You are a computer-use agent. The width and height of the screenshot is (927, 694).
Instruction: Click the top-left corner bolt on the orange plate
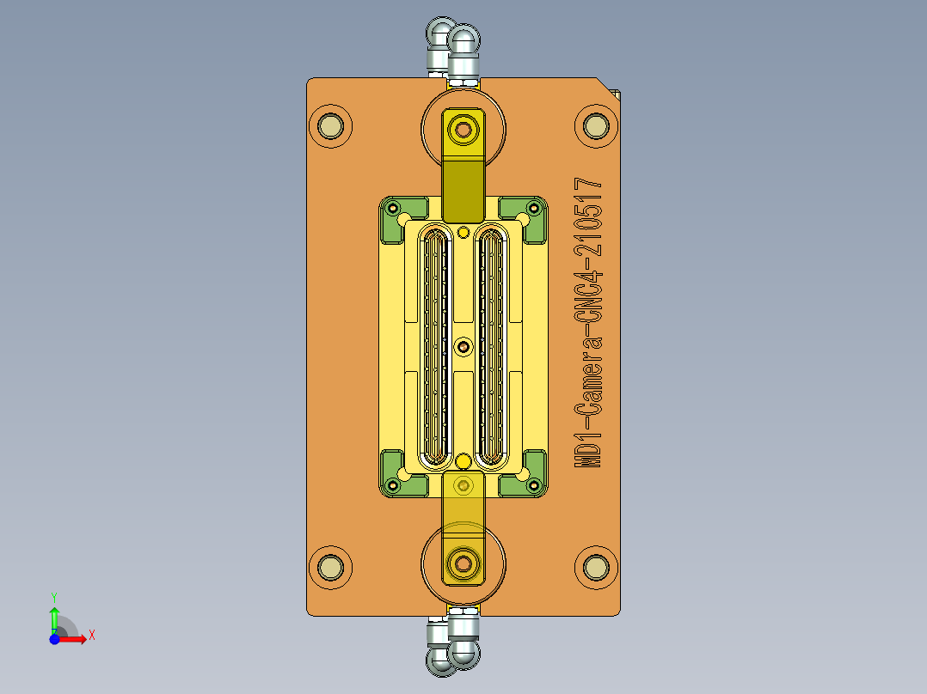tap(330, 127)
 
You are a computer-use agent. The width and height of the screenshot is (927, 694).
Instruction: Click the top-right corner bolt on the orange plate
tap(595, 127)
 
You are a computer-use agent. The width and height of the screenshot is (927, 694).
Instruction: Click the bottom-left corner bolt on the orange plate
tap(330, 567)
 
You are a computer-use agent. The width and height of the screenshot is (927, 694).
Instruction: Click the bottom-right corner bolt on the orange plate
tap(595, 567)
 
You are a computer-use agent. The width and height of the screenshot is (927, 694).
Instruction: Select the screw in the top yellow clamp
tap(463, 130)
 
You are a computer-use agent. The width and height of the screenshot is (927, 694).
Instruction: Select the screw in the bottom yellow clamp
tap(463, 563)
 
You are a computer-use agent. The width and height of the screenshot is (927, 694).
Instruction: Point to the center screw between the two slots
tap(464, 346)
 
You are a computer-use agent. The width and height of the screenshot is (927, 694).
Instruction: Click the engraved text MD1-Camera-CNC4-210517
tap(589, 323)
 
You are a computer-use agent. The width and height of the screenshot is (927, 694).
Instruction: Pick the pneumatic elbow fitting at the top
tap(453, 52)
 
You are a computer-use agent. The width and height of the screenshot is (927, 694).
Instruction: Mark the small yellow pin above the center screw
tap(464, 231)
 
